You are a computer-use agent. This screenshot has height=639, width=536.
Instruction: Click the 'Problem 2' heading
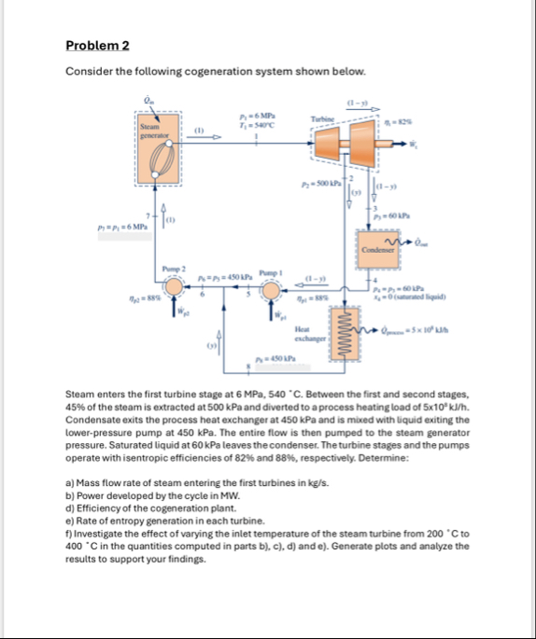tap(98, 45)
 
